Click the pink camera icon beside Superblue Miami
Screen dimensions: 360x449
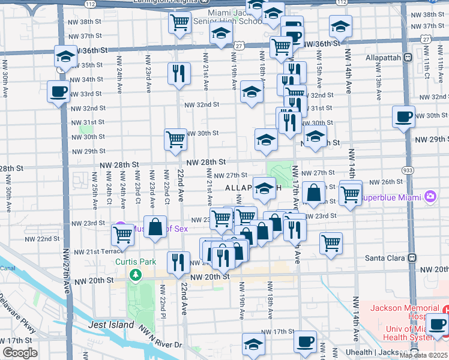point(430,196)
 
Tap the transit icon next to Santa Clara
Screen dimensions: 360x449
point(412,257)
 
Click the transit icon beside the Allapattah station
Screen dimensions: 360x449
point(408,58)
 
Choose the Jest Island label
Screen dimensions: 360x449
point(110,325)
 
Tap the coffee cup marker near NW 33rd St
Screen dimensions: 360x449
point(59,92)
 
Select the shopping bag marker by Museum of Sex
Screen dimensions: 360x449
point(155,227)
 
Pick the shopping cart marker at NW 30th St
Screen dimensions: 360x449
point(175,139)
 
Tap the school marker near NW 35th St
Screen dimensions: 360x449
point(65,57)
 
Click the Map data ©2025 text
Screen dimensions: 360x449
point(423,355)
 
